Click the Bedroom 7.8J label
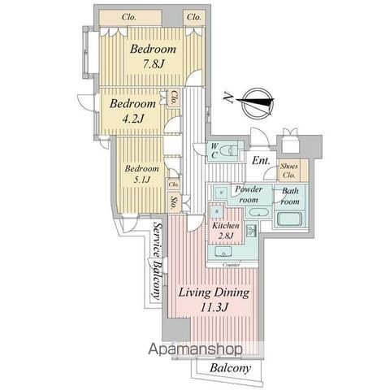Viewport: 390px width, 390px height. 154,55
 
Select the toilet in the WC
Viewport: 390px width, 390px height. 227,152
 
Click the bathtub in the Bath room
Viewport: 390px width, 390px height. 288,220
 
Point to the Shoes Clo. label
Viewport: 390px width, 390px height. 288,170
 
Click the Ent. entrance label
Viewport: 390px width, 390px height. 260,161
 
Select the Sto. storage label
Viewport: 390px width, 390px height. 175,201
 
